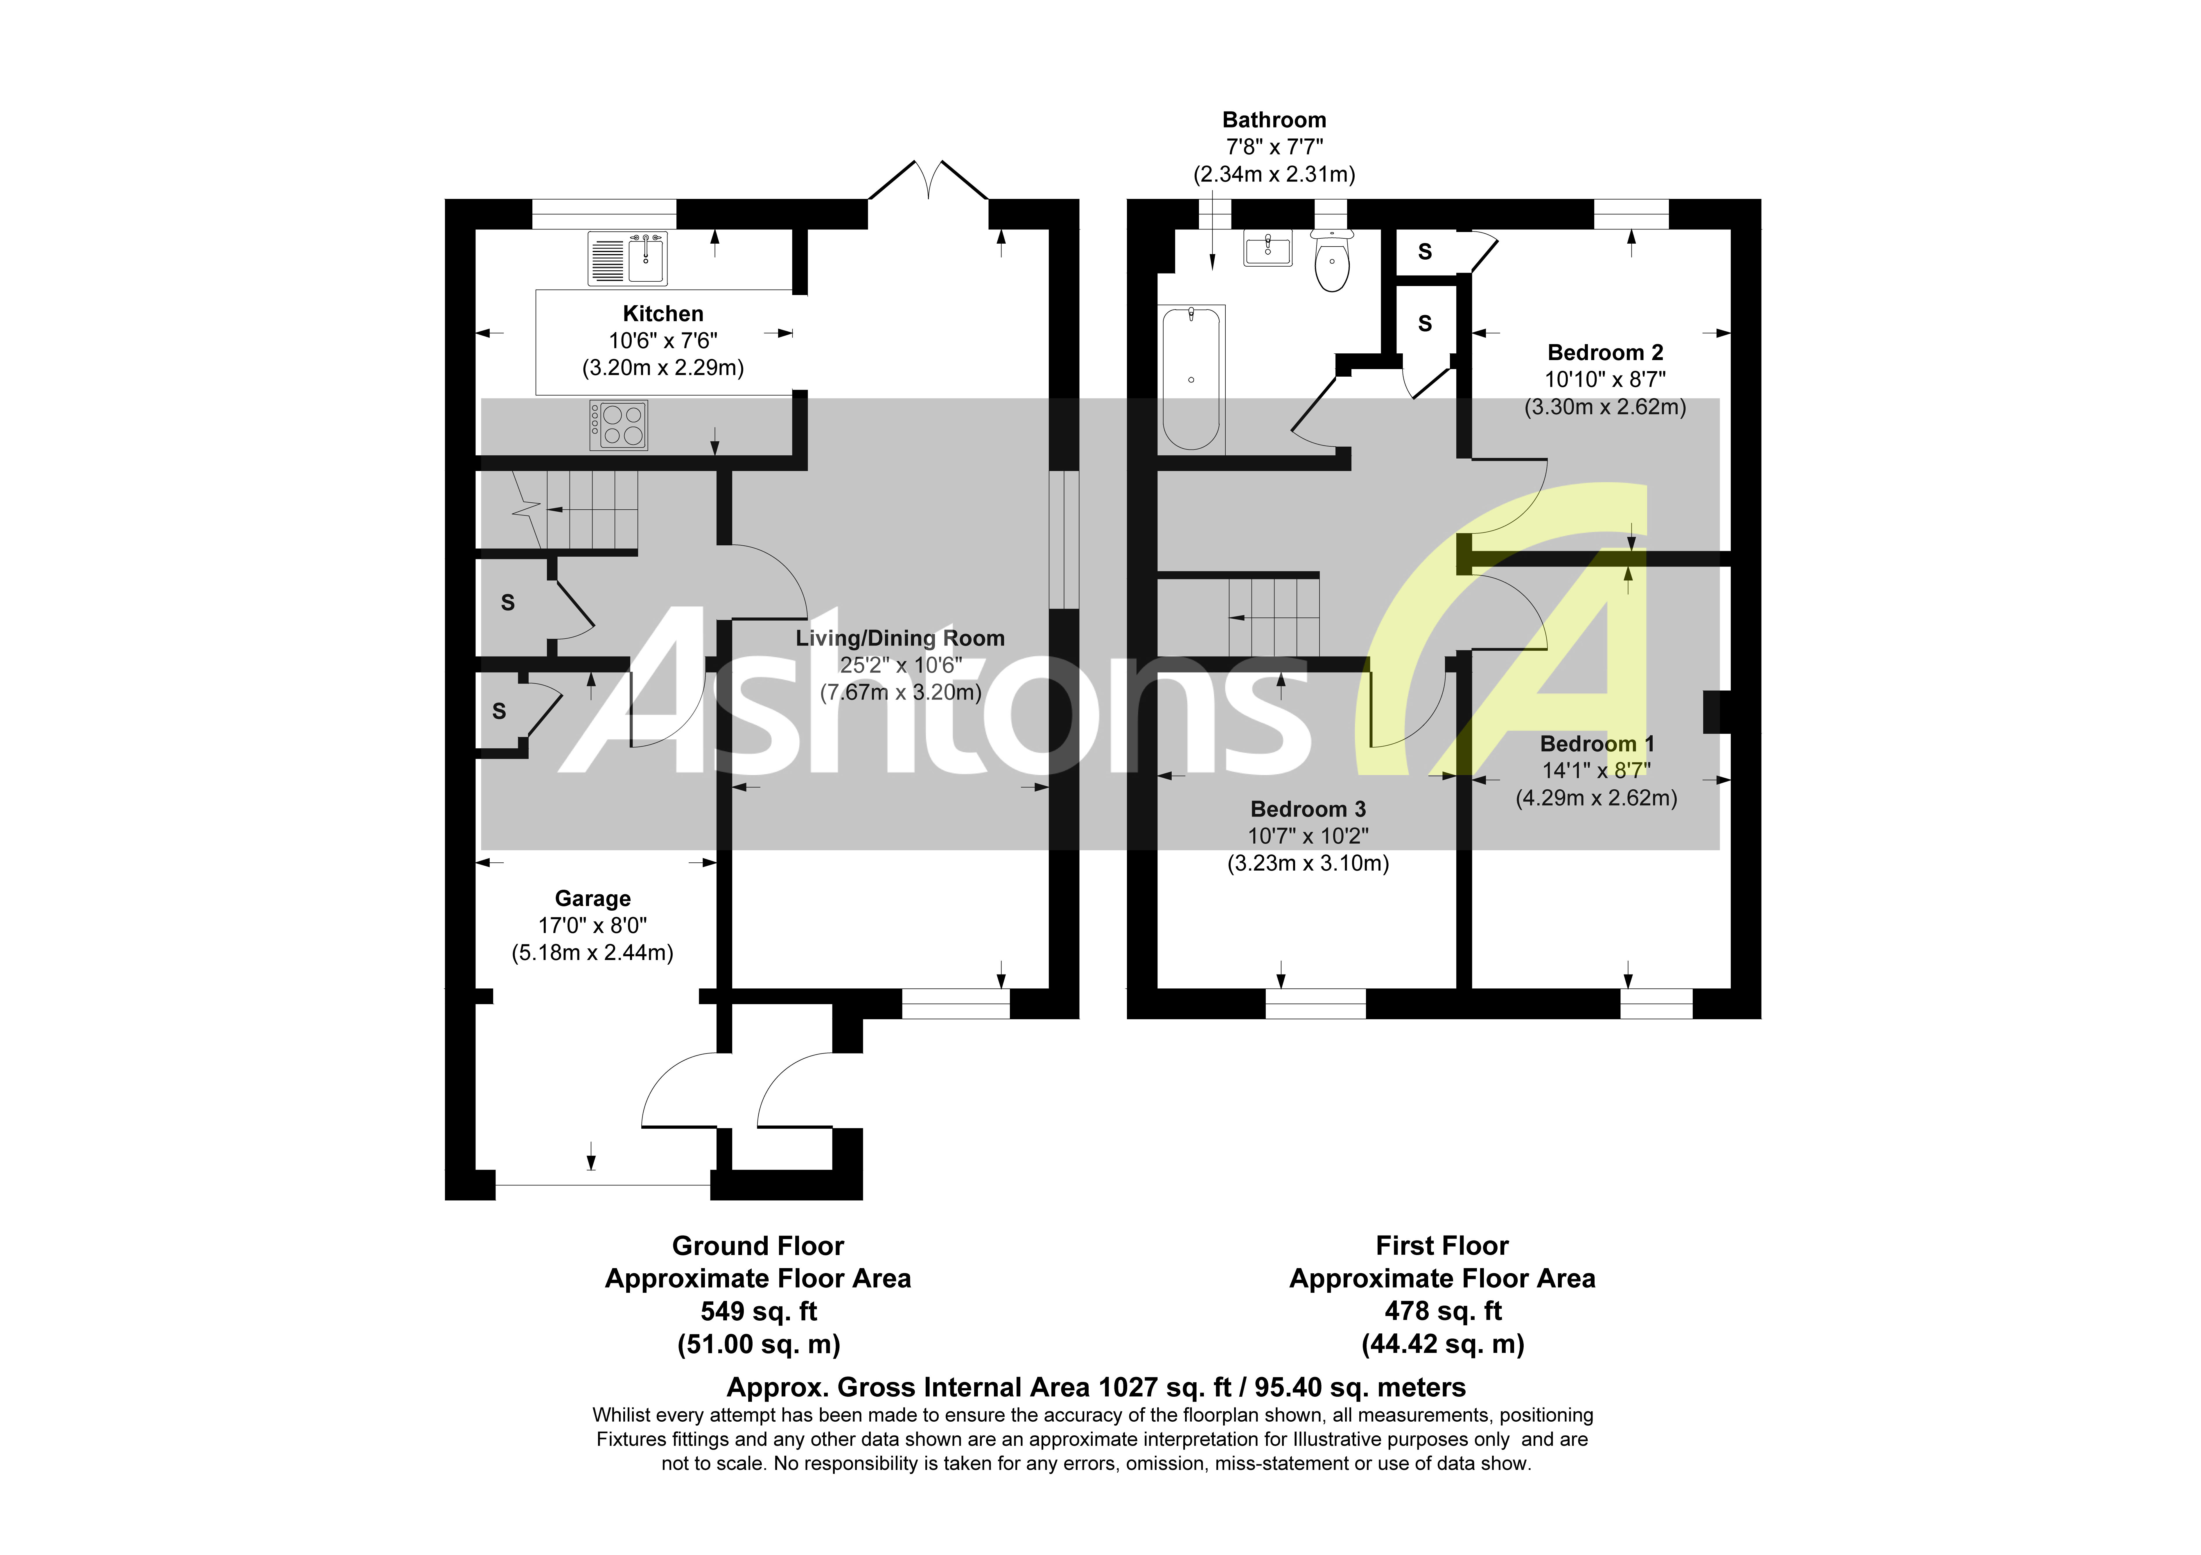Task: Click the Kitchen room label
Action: (663, 314)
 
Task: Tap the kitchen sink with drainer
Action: (628, 259)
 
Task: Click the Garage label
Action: (593, 898)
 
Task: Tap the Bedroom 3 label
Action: (1308, 809)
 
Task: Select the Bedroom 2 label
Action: (1605, 353)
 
